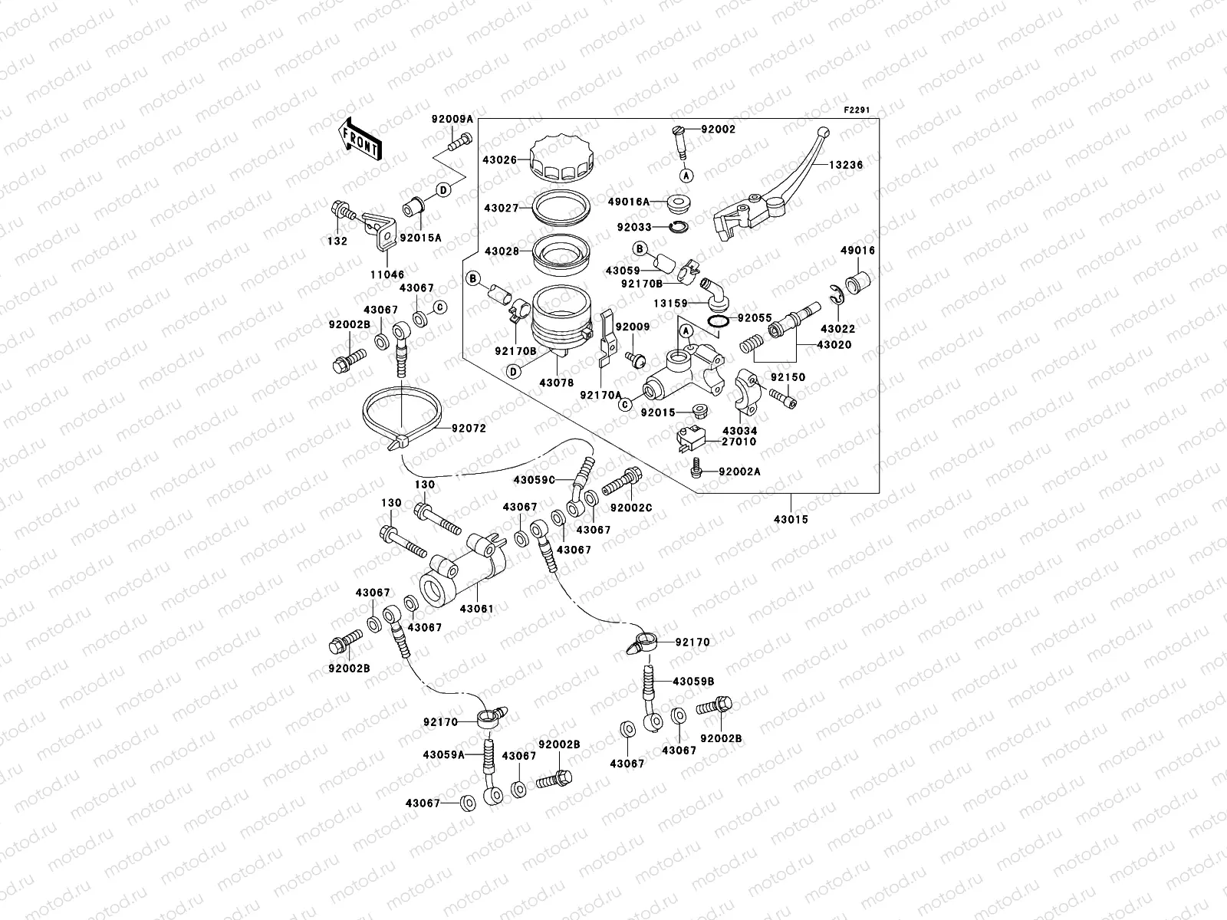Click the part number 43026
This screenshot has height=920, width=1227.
click(499, 159)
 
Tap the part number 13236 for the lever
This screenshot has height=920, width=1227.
click(846, 165)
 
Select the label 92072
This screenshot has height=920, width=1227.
click(469, 429)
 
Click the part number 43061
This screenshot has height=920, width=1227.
click(475, 609)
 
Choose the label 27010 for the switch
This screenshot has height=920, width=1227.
click(739, 442)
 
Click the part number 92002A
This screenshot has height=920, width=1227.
click(739, 472)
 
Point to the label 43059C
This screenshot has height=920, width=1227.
click(534, 481)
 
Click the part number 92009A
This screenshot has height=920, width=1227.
click(452, 119)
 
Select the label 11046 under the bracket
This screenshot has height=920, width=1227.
click(388, 274)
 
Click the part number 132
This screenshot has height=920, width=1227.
click(337, 241)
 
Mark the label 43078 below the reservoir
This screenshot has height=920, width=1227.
click(556, 382)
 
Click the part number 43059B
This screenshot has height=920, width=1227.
click(694, 681)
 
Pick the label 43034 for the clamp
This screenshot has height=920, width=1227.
click(739, 431)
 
